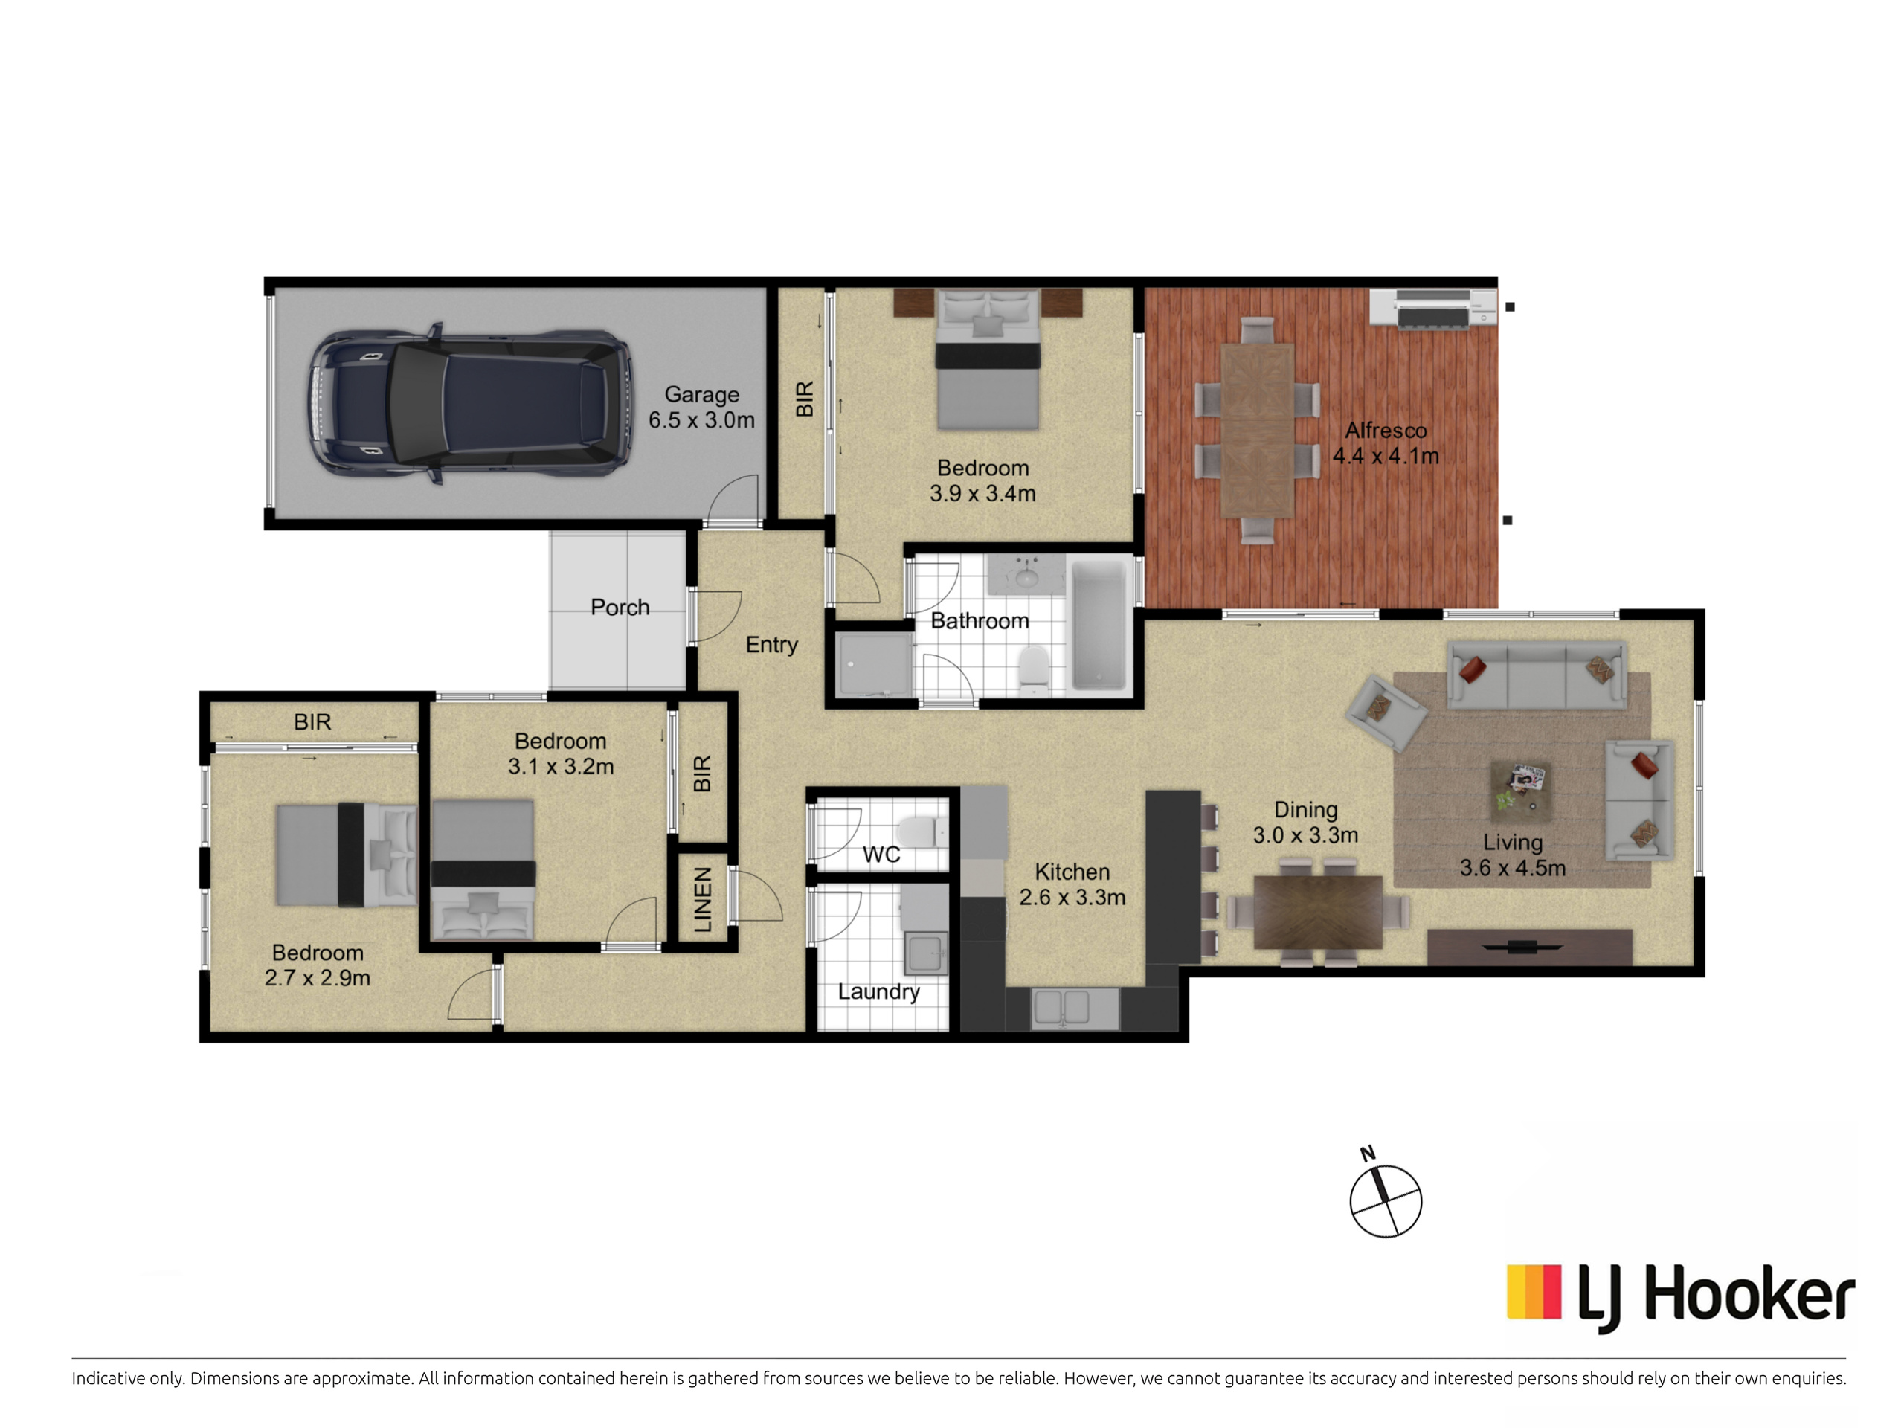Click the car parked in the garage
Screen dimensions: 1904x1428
469,405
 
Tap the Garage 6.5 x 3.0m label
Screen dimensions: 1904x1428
701,407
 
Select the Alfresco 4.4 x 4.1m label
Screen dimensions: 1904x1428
1386,443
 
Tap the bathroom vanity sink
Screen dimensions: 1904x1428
1026,575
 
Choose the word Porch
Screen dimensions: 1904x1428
620,607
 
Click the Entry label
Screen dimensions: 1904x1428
771,645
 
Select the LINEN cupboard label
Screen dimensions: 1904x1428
702,899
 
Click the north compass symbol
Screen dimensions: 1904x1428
1385,1199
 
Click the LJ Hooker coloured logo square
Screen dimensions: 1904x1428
1534,1291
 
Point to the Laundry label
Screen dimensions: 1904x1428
879,992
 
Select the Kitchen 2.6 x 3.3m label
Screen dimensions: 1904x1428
1072,885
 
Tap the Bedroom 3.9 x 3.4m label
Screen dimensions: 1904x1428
983,480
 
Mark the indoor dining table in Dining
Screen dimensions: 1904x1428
1318,912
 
